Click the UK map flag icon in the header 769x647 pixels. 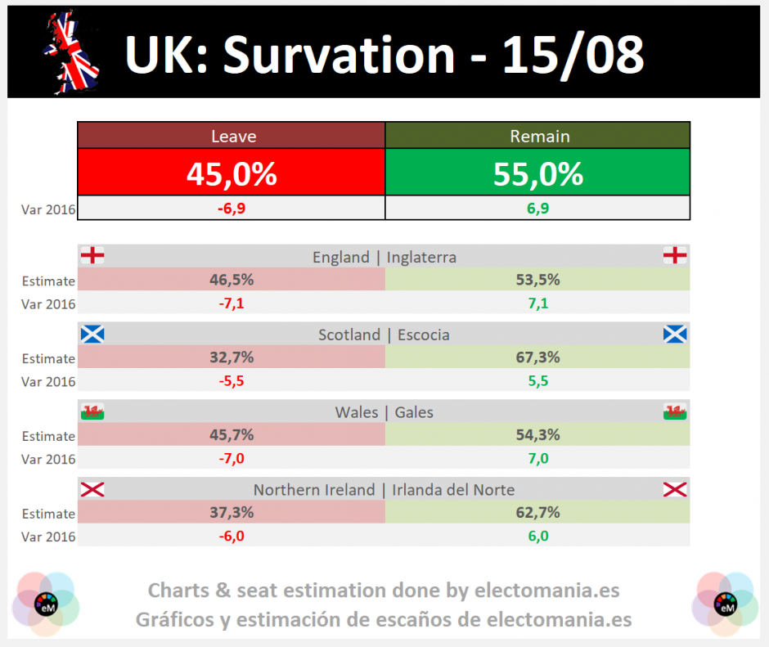72,52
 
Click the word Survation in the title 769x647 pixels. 339,55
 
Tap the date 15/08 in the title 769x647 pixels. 573,56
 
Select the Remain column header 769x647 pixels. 538,136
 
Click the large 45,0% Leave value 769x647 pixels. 232,174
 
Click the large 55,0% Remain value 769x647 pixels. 538,174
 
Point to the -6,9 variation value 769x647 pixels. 232,209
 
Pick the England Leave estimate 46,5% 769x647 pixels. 232,280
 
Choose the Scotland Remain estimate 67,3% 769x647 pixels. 538,357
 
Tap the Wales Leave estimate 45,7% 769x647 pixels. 232,434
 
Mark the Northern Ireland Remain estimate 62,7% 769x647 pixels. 538,512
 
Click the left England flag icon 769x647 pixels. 92,255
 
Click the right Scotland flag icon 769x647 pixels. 675,334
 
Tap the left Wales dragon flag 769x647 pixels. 92,411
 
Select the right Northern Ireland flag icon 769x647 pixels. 675,489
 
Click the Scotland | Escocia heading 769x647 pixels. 384,335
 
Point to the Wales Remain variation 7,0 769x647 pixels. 538,458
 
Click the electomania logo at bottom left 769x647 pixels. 46,604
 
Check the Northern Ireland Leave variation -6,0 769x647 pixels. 232,536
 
